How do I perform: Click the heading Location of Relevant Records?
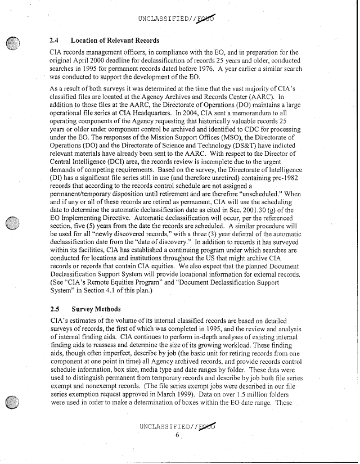click(115, 40)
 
